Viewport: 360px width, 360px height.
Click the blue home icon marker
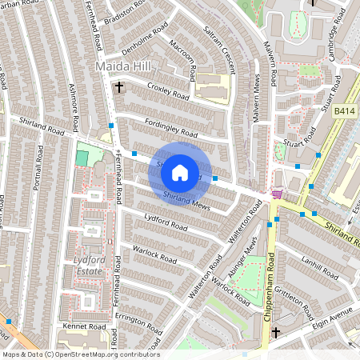tap(180, 172)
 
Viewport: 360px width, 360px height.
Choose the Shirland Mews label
tap(186, 199)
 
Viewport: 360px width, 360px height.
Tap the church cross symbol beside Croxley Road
tap(120, 86)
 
